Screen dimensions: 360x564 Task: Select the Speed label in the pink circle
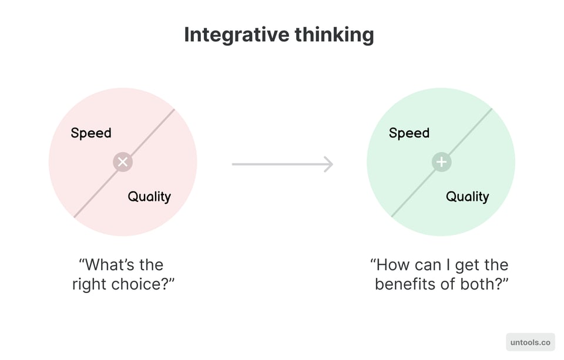coord(91,133)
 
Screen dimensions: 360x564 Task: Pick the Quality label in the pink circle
coord(149,197)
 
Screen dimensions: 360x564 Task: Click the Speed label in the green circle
coord(409,133)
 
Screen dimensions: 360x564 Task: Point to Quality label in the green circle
coord(467,197)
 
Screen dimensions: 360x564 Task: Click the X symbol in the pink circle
coord(123,162)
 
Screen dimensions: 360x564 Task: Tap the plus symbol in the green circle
coord(441,162)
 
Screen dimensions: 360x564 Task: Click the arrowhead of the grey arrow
coord(328,164)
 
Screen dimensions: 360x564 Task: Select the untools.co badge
coord(530,342)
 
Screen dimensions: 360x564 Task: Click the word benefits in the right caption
coord(404,284)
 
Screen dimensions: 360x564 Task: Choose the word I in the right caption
coord(442,265)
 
